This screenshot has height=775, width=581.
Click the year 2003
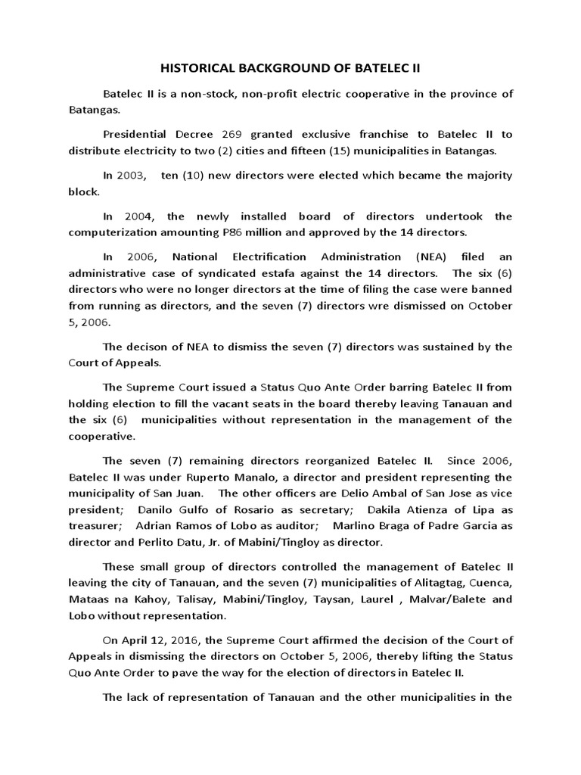[x=132, y=175]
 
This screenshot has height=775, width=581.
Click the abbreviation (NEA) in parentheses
[x=409, y=257]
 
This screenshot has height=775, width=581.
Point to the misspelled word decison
[x=157, y=347]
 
